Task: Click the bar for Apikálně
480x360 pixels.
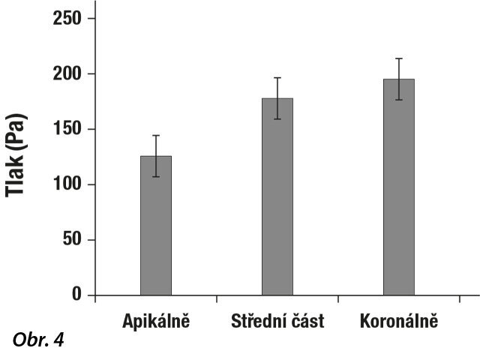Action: [156, 225]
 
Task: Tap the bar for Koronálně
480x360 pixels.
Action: [399, 187]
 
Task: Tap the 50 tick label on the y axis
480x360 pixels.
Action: [72, 240]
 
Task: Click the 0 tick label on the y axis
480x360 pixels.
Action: [76, 295]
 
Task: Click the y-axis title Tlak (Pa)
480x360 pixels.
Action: [17, 155]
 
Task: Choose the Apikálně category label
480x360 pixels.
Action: [157, 322]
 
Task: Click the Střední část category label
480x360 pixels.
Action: [277, 322]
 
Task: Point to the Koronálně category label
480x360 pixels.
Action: [398, 322]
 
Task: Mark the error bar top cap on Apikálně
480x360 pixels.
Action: [156, 136]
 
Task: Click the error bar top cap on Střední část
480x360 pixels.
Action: [277, 78]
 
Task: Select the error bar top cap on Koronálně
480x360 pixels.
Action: [399, 58]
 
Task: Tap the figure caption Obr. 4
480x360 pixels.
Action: [38, 341]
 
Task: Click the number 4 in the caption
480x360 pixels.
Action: [59, 341]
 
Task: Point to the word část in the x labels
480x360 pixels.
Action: [305, 322]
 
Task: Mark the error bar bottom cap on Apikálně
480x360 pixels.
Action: [156, 177]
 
